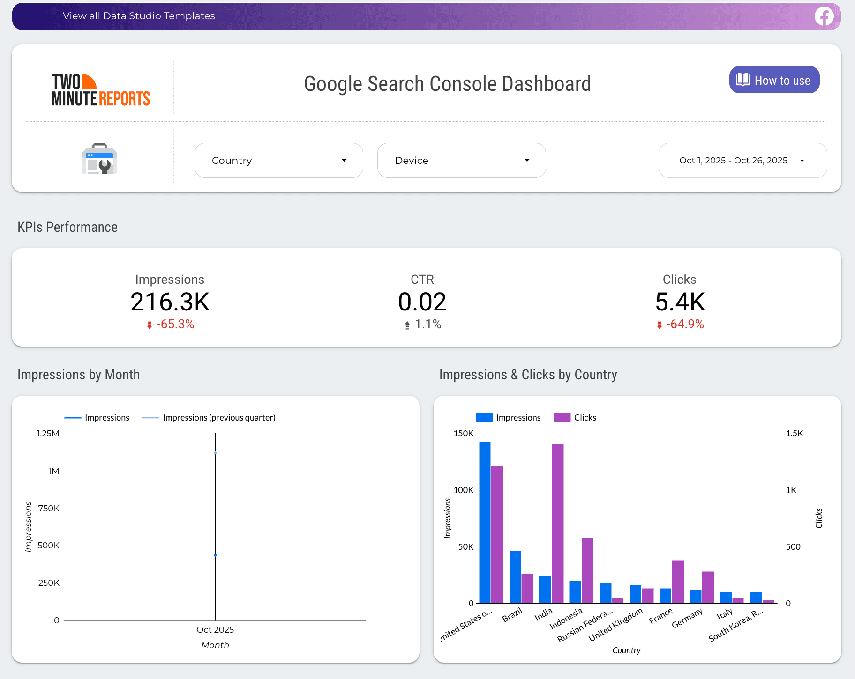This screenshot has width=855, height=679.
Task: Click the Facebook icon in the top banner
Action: coord(824,16)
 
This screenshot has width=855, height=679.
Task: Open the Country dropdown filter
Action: coord(278,161)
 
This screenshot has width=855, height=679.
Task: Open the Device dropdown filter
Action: coord(461,161)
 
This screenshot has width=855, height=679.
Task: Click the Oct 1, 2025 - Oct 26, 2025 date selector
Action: coord(742,161)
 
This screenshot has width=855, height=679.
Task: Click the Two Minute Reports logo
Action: coord(100,90)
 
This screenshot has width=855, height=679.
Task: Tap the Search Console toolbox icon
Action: coord(99,159)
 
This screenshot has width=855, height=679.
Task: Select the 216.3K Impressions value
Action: coord(170,302)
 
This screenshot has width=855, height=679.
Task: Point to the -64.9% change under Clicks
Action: coord(684,324)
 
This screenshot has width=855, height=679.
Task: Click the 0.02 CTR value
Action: coord(422,302)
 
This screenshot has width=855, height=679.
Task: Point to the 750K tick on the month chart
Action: coord(49,508)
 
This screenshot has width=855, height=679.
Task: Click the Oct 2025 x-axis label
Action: coord(215,630)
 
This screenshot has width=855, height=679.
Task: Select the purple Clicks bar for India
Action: coord(557,524)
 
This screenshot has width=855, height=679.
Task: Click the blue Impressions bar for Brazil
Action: coord(515,577)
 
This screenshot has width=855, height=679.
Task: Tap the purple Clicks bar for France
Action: coord(677,582)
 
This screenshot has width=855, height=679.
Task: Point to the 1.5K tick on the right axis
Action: coord(794,434)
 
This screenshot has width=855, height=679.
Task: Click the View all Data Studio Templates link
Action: coord(139,16)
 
